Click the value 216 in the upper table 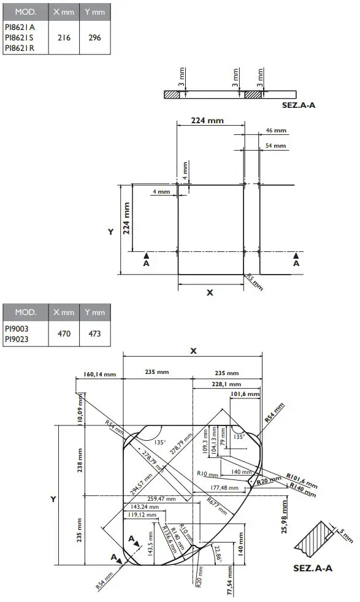click(64, 38)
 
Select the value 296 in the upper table click(94, 38)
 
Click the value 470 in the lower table click(64, 334)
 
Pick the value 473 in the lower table click(94, 334)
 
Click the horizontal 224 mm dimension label click(207, 121)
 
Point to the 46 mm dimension click(276, 131)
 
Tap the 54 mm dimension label click(276, 145)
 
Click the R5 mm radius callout click(254, 281)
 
